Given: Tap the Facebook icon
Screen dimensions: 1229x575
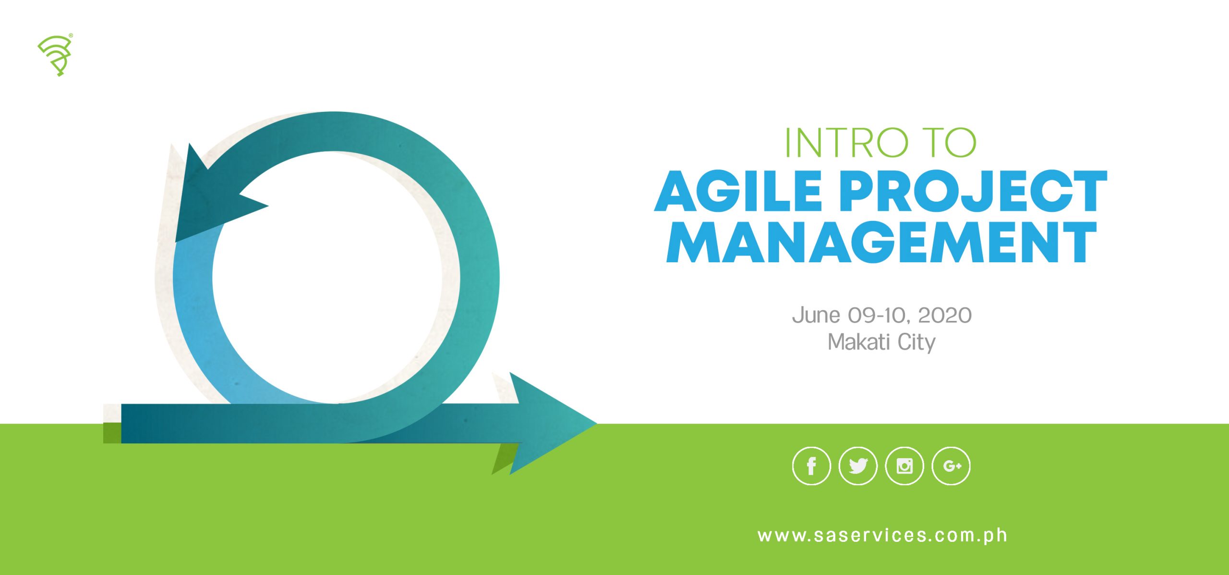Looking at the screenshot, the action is click(x=811, y=466).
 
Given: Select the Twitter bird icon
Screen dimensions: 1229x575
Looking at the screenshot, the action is click(x=858, y=466).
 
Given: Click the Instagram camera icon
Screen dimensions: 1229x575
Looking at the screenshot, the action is click(x=904, y=466).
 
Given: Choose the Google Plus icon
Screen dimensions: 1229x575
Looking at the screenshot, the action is click(x=951, y=466).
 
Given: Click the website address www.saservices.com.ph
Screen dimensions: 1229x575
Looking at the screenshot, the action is click(x=882, y=536).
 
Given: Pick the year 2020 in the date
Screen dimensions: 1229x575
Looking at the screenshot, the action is click(x=945, y=316).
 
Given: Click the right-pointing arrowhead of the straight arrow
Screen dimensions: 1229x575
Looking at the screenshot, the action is click(x=552, y=423).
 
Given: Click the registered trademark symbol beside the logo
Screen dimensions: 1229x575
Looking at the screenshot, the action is click(x=71, y=35).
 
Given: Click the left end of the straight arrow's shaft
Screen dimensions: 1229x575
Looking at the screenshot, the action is click(x=122, y=423).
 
